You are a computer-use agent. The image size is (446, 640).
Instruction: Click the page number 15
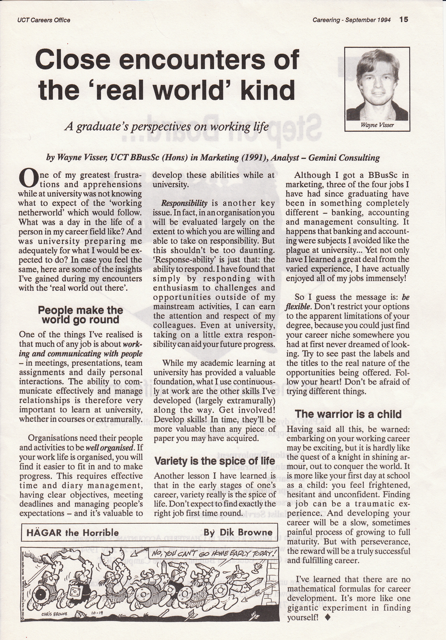pyautogui.click(x=403, y=19)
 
